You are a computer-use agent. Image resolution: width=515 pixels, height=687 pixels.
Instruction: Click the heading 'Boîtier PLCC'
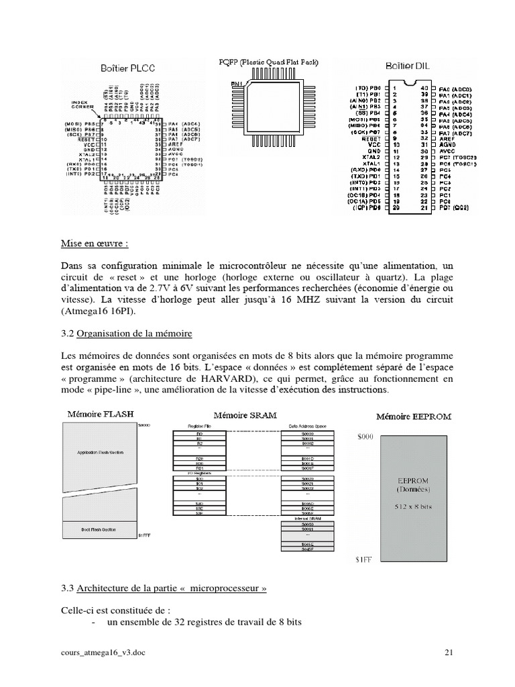(128, 68)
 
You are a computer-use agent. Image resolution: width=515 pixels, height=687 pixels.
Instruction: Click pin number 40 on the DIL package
(424, 88)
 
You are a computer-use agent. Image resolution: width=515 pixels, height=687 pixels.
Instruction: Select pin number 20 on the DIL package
(396, 209)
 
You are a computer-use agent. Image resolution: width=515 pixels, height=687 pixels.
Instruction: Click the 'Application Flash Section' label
(100, 453)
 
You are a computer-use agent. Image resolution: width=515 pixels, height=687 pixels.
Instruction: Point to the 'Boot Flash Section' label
(99, 529)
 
